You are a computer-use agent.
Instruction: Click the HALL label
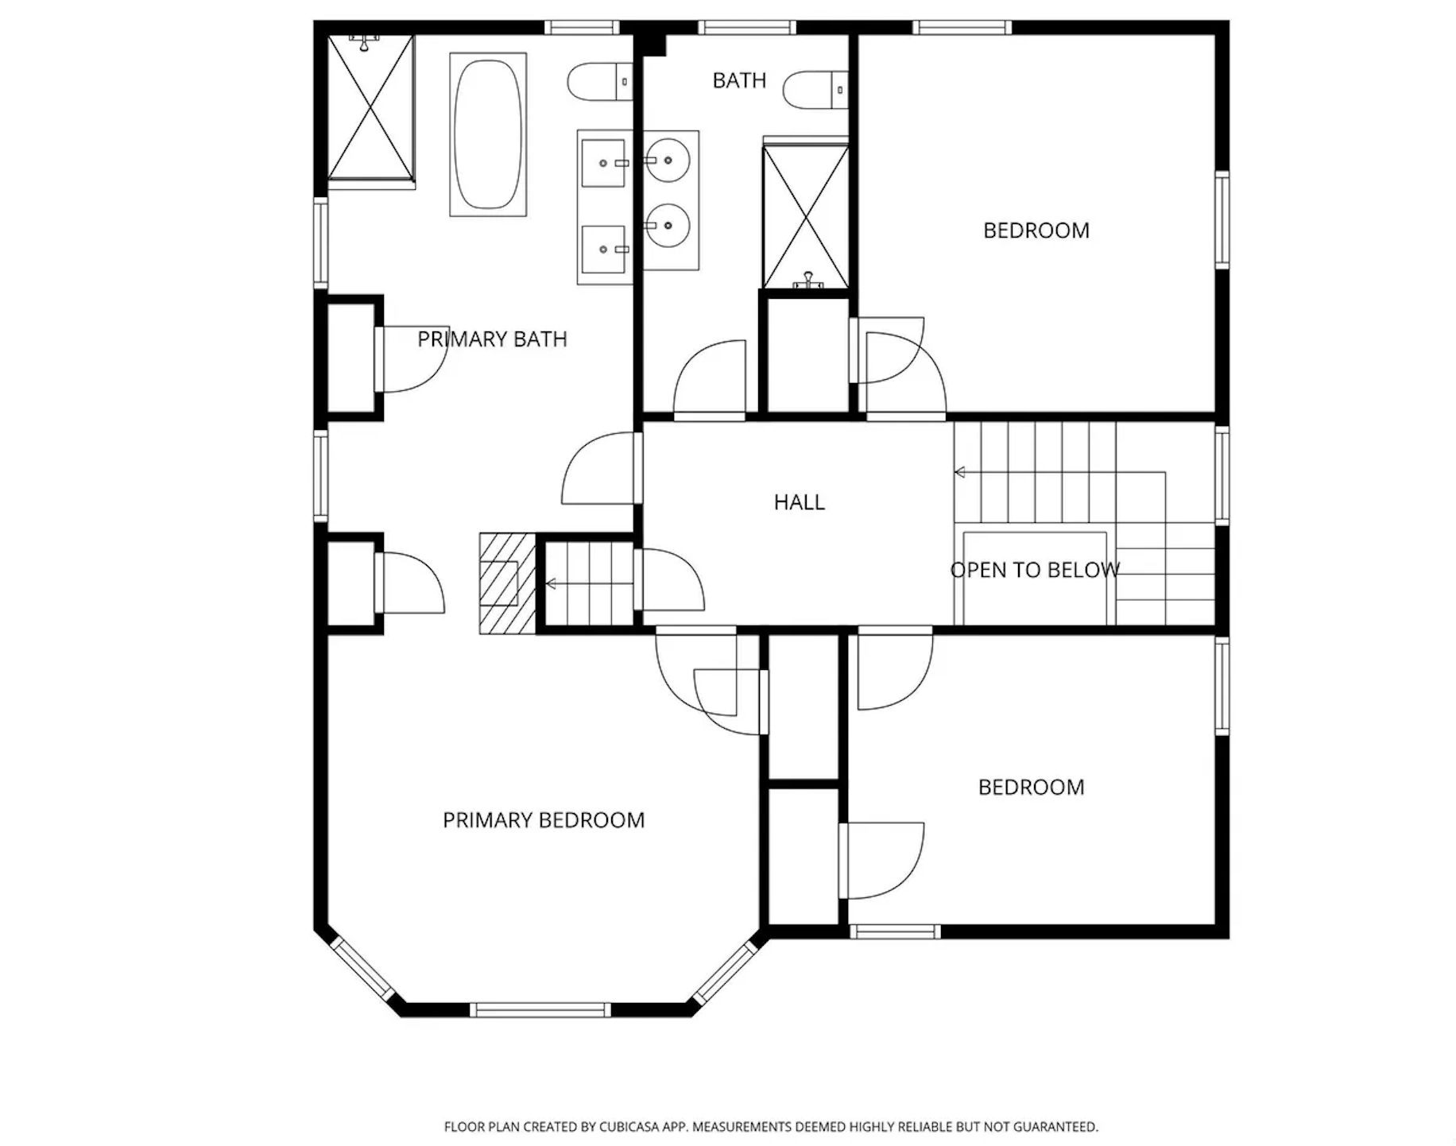pos(800,502)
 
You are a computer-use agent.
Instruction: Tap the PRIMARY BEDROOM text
pos(544,820)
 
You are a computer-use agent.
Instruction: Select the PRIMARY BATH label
pos(493,339)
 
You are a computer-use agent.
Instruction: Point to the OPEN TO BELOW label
pos(1035,570)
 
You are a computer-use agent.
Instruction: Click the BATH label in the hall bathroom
pos(739,80)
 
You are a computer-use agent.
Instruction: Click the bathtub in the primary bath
pos(488,134)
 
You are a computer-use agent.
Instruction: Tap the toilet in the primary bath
pos(600,82)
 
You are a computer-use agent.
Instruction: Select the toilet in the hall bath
pos(816,90)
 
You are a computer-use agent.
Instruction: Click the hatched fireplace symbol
pos(507,583)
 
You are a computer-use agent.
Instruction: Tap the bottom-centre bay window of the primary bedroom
pos(540,1010)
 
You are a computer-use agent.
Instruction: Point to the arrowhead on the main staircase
pos(959,473)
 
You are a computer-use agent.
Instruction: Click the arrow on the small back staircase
pos(589,585)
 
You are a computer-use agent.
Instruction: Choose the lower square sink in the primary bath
pos(604,250)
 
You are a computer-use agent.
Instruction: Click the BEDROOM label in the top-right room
pos(1036,230)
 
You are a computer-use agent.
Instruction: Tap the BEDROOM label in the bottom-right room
pos(1032,788)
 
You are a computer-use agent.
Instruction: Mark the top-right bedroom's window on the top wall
pos(962,28)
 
